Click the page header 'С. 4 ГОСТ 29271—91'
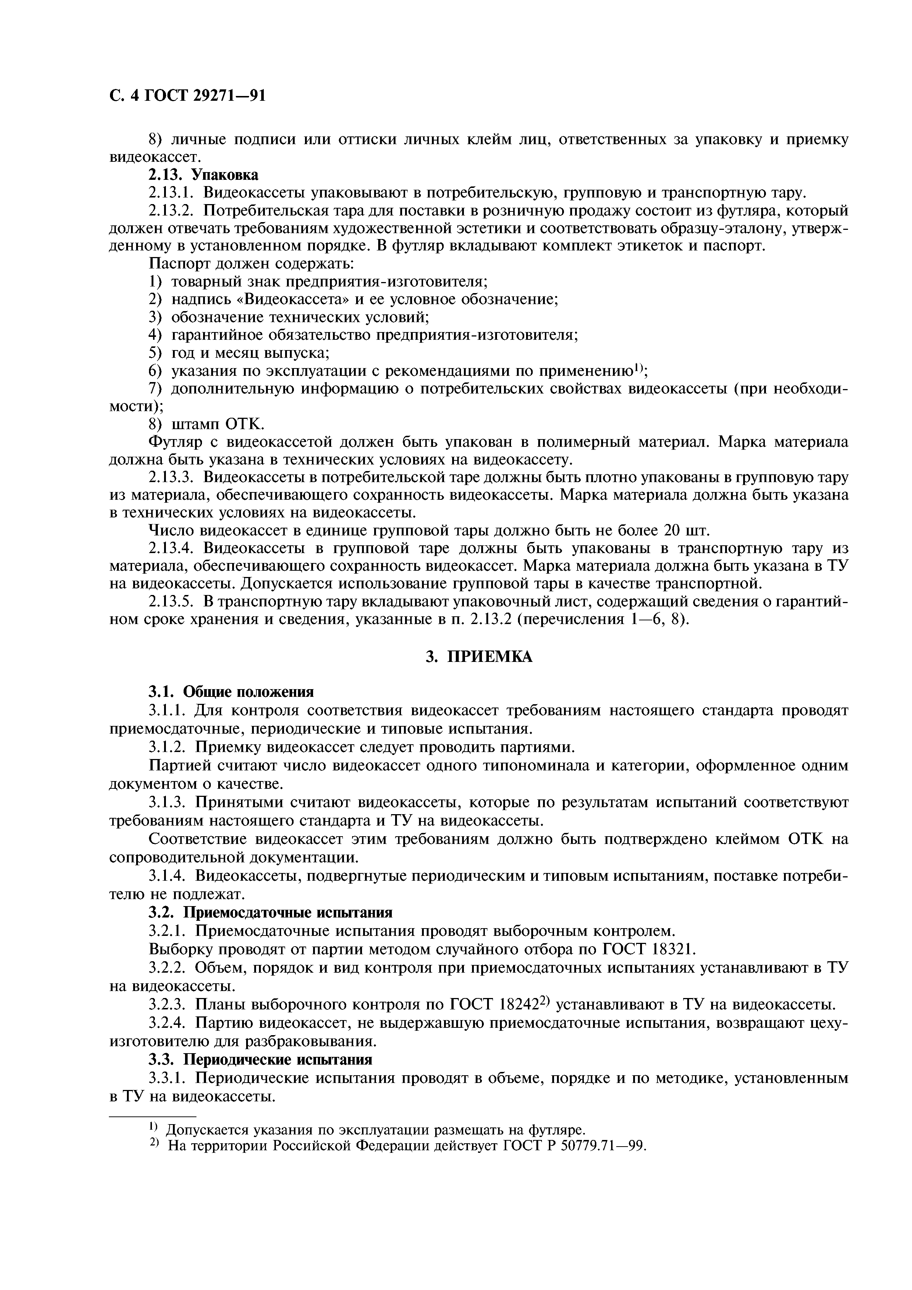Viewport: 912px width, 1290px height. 187,96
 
